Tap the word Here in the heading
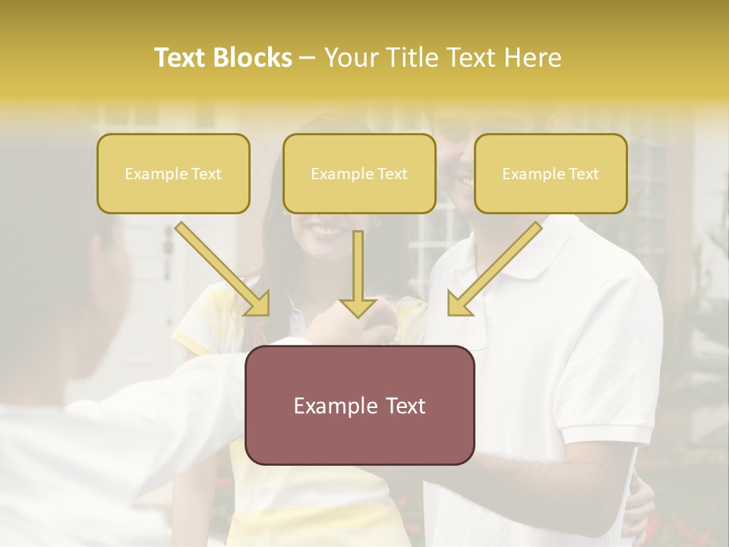532,58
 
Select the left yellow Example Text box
173,174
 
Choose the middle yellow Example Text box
359,174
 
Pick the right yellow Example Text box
551,174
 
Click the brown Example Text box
359,405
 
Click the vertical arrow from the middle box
358,273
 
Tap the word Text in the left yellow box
207,174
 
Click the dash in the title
308,58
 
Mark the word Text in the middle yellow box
393,174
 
